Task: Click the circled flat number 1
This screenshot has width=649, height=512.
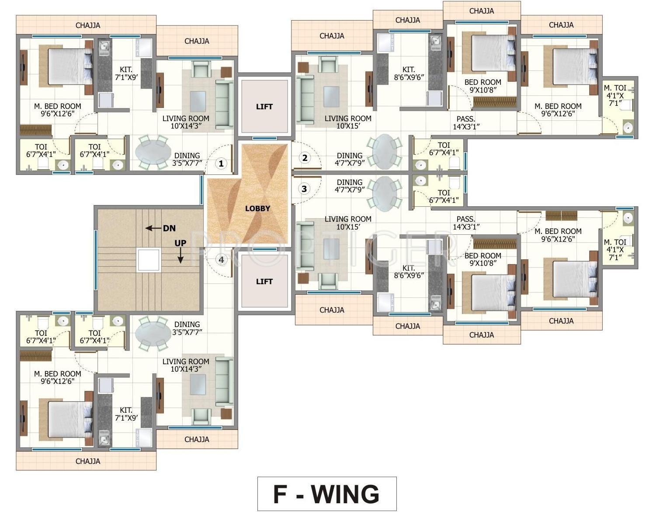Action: point(221,164)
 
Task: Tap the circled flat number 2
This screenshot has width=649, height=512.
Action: point(305,158)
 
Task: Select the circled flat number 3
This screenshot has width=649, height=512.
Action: point(304,189)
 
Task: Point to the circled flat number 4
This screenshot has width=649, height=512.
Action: point(222,259)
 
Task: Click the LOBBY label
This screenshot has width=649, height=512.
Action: point(257,209)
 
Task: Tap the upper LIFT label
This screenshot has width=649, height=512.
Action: point(264,107)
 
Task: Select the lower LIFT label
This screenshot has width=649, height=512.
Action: point(264,282)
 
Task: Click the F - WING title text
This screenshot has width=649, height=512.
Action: point(326,494)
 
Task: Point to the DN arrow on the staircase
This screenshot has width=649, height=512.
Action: point(153,228)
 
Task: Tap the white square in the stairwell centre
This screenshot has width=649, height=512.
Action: point(149,260)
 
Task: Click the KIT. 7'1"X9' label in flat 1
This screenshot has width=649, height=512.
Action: point(126,73)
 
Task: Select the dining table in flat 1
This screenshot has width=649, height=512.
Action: point(153,152)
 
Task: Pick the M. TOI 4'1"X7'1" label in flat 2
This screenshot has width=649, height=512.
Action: point(615,95)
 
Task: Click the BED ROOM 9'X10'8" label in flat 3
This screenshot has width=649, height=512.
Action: point(483,259)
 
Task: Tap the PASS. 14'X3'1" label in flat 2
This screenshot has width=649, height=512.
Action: point(466,123)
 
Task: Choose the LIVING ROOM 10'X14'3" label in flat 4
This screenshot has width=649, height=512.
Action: point(186,365)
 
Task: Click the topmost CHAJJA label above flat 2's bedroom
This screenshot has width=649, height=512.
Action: point(482,11)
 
